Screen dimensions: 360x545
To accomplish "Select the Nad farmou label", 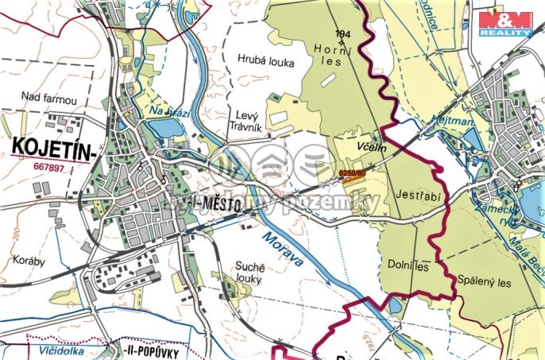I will click(x=49, y=99).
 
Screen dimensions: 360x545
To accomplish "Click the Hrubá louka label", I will click(x=265, y=61).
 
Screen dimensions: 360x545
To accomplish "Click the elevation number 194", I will click(x=343, y=33).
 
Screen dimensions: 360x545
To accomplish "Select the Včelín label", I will click(x=373, y=149).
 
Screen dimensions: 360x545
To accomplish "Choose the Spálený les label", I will click(x=485, y=281).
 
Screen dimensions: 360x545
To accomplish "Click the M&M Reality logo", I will click(x=505, y=22).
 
